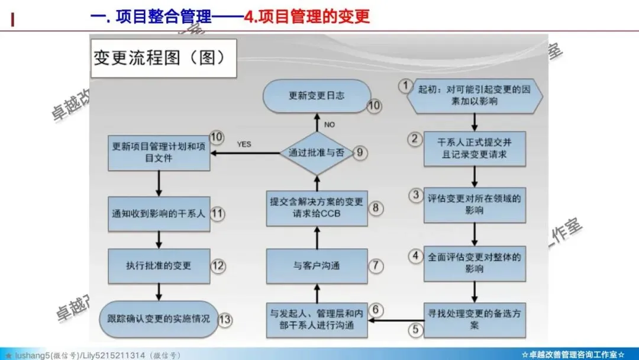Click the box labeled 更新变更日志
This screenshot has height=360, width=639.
317,95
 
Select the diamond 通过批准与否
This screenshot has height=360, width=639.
317,153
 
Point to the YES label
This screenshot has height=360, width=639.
244,144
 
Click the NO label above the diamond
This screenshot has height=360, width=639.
330,124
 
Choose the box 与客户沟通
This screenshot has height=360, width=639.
317,266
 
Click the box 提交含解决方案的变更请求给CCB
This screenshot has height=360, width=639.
317,208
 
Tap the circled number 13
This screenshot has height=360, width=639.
224,319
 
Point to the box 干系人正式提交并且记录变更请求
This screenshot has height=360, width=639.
475,149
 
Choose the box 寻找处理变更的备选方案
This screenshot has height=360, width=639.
475,320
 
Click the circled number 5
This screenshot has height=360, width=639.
416,329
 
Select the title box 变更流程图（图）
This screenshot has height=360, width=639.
162,59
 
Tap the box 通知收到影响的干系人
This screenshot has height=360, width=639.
159,213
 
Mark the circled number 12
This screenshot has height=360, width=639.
218,265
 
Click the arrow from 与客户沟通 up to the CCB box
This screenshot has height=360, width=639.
317,237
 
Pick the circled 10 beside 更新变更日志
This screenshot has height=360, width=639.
375,106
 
